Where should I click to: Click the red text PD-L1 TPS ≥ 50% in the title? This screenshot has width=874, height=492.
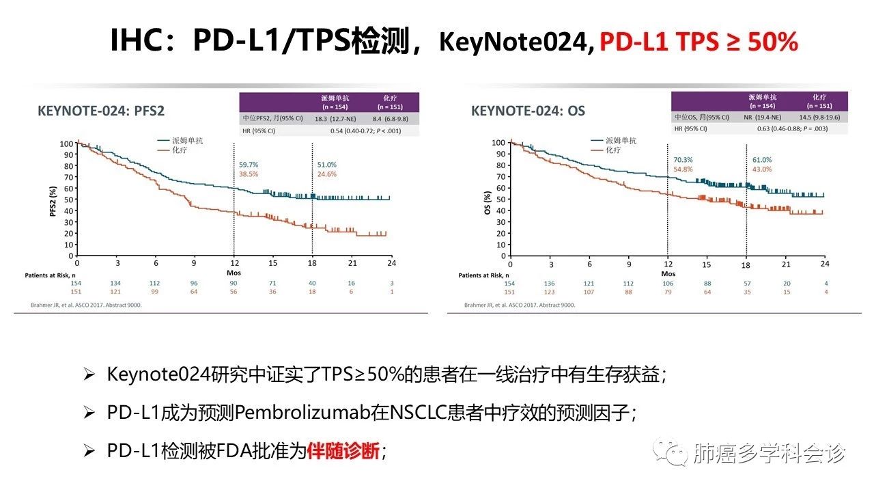(699, 42)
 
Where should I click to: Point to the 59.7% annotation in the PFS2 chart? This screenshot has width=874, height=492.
(249, 165)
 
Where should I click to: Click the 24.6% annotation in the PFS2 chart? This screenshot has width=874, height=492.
(326, 174)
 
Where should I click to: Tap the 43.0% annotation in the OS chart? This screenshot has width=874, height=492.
(762, 169)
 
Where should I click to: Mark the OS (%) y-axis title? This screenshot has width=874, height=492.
(488, 200)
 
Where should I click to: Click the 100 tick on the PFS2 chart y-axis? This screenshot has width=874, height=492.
(66, 143)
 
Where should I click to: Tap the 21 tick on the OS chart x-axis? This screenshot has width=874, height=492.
(785, 264)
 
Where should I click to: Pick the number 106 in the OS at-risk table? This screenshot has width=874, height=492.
(668, 284)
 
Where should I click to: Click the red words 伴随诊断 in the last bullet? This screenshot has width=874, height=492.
(343, 451)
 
